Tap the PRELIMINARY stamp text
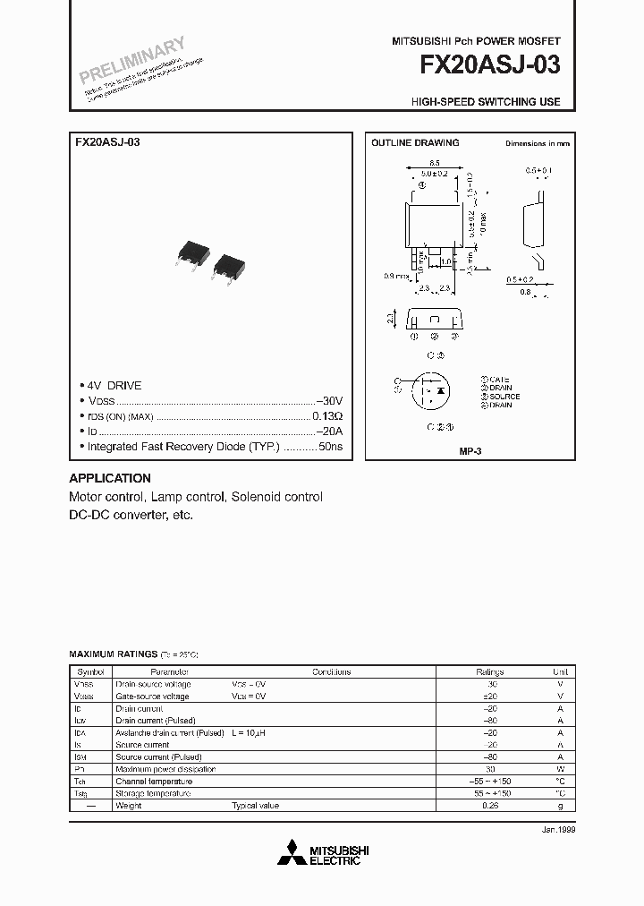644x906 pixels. (131, 60)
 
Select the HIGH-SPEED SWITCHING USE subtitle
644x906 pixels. (486, 102)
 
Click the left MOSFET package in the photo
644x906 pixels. (191, 254)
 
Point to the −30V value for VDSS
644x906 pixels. (329, 400)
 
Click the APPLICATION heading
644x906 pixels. (110, 478)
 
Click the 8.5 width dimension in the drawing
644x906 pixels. (434, 163)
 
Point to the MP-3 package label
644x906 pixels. (470, 452)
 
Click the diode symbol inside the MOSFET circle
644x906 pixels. (439, 391)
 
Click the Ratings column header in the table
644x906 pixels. (490, 672)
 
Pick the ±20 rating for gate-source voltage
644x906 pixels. (490, 696)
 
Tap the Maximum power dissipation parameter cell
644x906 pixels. (165, 769)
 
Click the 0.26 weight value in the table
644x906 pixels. (490, 806)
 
